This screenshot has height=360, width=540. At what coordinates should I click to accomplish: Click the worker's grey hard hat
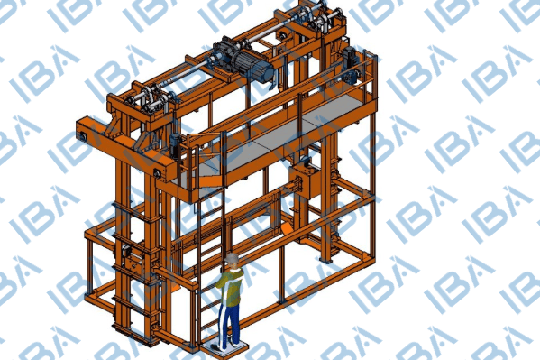pos(232,258)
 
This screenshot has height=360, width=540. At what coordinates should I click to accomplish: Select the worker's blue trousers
pos(229,324)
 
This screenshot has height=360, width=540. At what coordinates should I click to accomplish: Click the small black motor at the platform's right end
pos(352,64)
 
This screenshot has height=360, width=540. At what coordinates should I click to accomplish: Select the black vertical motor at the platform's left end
pos(176,146)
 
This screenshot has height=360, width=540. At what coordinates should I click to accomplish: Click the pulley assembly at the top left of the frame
pos(148,98)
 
